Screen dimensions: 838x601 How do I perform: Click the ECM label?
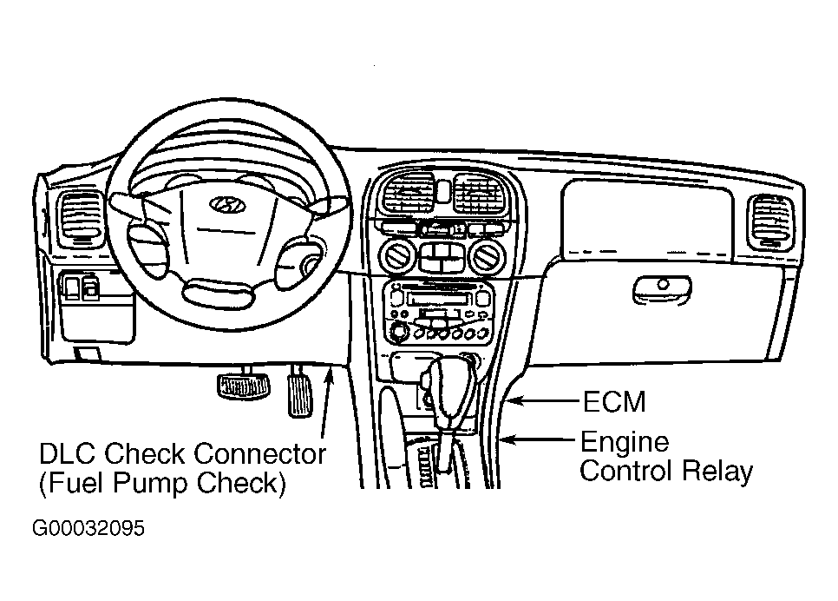tap(614, 401)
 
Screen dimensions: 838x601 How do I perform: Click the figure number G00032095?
tap(88, 528)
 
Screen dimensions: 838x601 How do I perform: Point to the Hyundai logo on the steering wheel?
tap(226, 204)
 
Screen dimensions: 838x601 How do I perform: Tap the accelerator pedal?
tap(300, 394)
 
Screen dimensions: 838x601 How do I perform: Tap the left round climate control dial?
tap(396, 255)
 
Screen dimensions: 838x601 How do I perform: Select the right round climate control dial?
tap(487, 256)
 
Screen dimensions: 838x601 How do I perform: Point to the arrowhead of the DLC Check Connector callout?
tap(330, 374)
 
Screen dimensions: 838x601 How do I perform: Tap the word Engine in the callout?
tap(625, 443)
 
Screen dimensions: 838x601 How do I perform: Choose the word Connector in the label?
tap(259, 454)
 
